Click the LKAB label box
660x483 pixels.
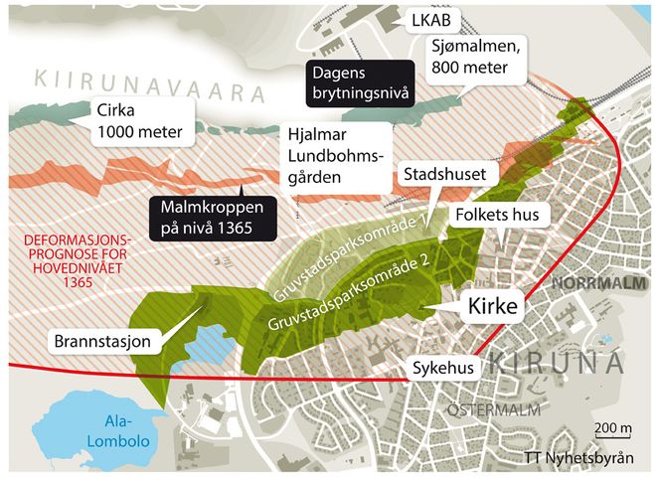[422, 19]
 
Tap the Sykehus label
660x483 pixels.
[442, 367]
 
